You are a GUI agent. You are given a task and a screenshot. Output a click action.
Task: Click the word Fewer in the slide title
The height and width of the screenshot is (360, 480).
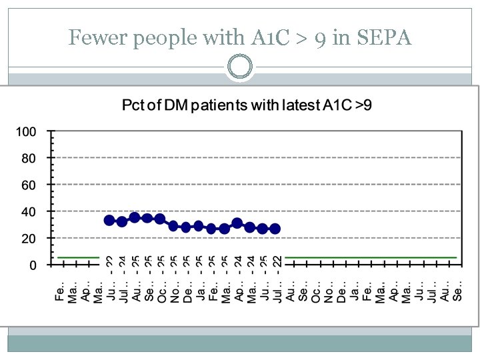(x=97, y=38)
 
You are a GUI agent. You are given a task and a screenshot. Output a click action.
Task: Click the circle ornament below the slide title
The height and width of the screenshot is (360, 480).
(x=239, y=67)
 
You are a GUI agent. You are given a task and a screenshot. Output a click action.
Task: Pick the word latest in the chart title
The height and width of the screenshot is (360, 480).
(x=287, y=105)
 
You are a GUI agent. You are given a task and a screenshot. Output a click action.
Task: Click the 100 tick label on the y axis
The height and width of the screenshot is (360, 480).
(x=26, y=131)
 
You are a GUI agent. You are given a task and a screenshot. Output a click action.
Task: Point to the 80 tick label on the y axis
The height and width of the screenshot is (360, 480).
(x=29, y=158)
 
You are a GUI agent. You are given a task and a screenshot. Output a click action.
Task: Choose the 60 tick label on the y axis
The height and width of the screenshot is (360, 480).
(x=29, y=185)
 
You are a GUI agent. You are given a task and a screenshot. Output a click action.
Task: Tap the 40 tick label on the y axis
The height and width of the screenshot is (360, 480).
(x=29, y=211)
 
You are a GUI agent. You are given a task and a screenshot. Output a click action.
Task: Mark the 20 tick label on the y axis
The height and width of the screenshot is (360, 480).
(x=29, y=238)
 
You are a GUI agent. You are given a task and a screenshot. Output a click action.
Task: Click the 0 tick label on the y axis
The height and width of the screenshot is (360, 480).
(x=32, y=265)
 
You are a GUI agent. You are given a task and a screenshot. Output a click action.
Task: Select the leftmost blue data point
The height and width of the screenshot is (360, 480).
(x=109, y=220)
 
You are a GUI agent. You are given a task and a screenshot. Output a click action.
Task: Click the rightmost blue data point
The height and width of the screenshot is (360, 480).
(x=275, y=229)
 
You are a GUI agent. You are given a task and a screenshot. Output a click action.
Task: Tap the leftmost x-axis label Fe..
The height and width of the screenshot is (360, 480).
(x=59, y=291)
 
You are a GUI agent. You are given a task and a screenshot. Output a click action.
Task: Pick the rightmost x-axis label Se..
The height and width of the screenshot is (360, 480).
(x=457, y=291)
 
